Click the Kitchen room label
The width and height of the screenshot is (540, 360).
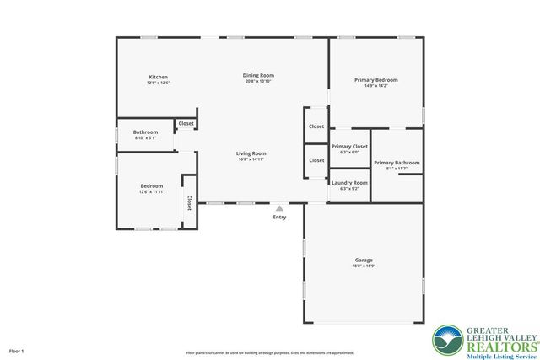[x=159, y=77]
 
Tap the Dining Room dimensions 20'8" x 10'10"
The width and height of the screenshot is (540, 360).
[x=259, y=82]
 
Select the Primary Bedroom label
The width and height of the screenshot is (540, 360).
[x=375, y=79]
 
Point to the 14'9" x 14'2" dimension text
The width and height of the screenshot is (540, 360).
[x=375, y=85]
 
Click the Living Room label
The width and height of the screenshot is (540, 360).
[x=251, y=153]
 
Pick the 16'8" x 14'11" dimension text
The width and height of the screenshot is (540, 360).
[x=251, y=159]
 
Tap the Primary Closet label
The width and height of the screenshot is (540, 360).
[x=349, y=146]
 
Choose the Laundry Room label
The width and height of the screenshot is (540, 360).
[x=349, y=182]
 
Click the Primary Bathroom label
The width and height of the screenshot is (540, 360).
[x=396, y=163]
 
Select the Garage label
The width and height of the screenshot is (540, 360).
[x=364, y=260]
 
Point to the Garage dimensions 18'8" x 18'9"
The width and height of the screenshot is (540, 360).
[x=364, y=266]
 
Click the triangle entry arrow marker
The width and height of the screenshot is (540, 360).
[x=279, y=207]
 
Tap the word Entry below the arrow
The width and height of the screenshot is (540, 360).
[x=279, y=218]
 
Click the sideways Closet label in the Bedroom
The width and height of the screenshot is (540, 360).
[x=189, y=201]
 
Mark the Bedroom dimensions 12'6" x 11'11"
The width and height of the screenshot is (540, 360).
[x=152, y=191]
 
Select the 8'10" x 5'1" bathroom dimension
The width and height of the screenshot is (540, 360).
[x=145, y=137]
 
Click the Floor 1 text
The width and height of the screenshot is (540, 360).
[x=17, y=350]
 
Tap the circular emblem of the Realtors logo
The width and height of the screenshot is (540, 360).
[x=447, y=341]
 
